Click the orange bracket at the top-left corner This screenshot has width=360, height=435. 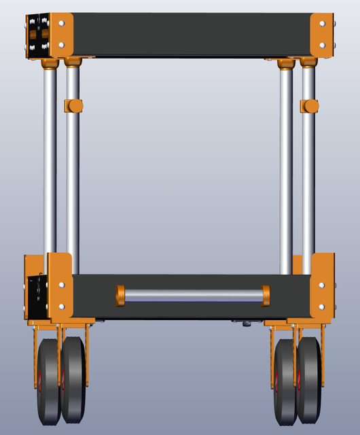click(x=62, y=35)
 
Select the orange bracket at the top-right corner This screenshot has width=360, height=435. click(x=322, y=35)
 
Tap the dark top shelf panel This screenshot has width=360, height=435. click(x=190, y=34)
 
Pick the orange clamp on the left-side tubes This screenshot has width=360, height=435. click(x=73, y=106)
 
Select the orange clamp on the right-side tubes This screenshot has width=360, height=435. click(x=310, y=106)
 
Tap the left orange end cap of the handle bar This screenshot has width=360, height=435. click(x=121, y=296)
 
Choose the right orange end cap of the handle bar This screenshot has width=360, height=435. click(x=265, y=296)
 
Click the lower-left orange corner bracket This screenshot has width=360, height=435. click(x=60, y=285)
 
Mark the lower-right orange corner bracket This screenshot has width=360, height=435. click(x=323, y=285)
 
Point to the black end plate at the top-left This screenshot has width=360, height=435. click(x=36, y=35)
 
